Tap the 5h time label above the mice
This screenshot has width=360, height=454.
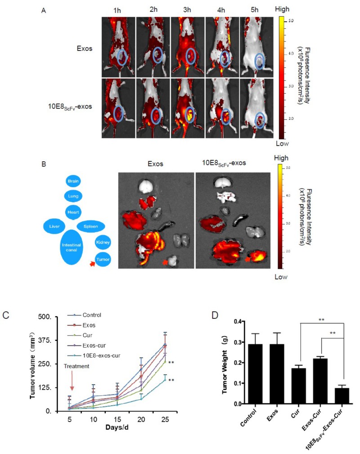click(x=257, y=9)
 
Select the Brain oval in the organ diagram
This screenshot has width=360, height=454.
click(x=73, y=181)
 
